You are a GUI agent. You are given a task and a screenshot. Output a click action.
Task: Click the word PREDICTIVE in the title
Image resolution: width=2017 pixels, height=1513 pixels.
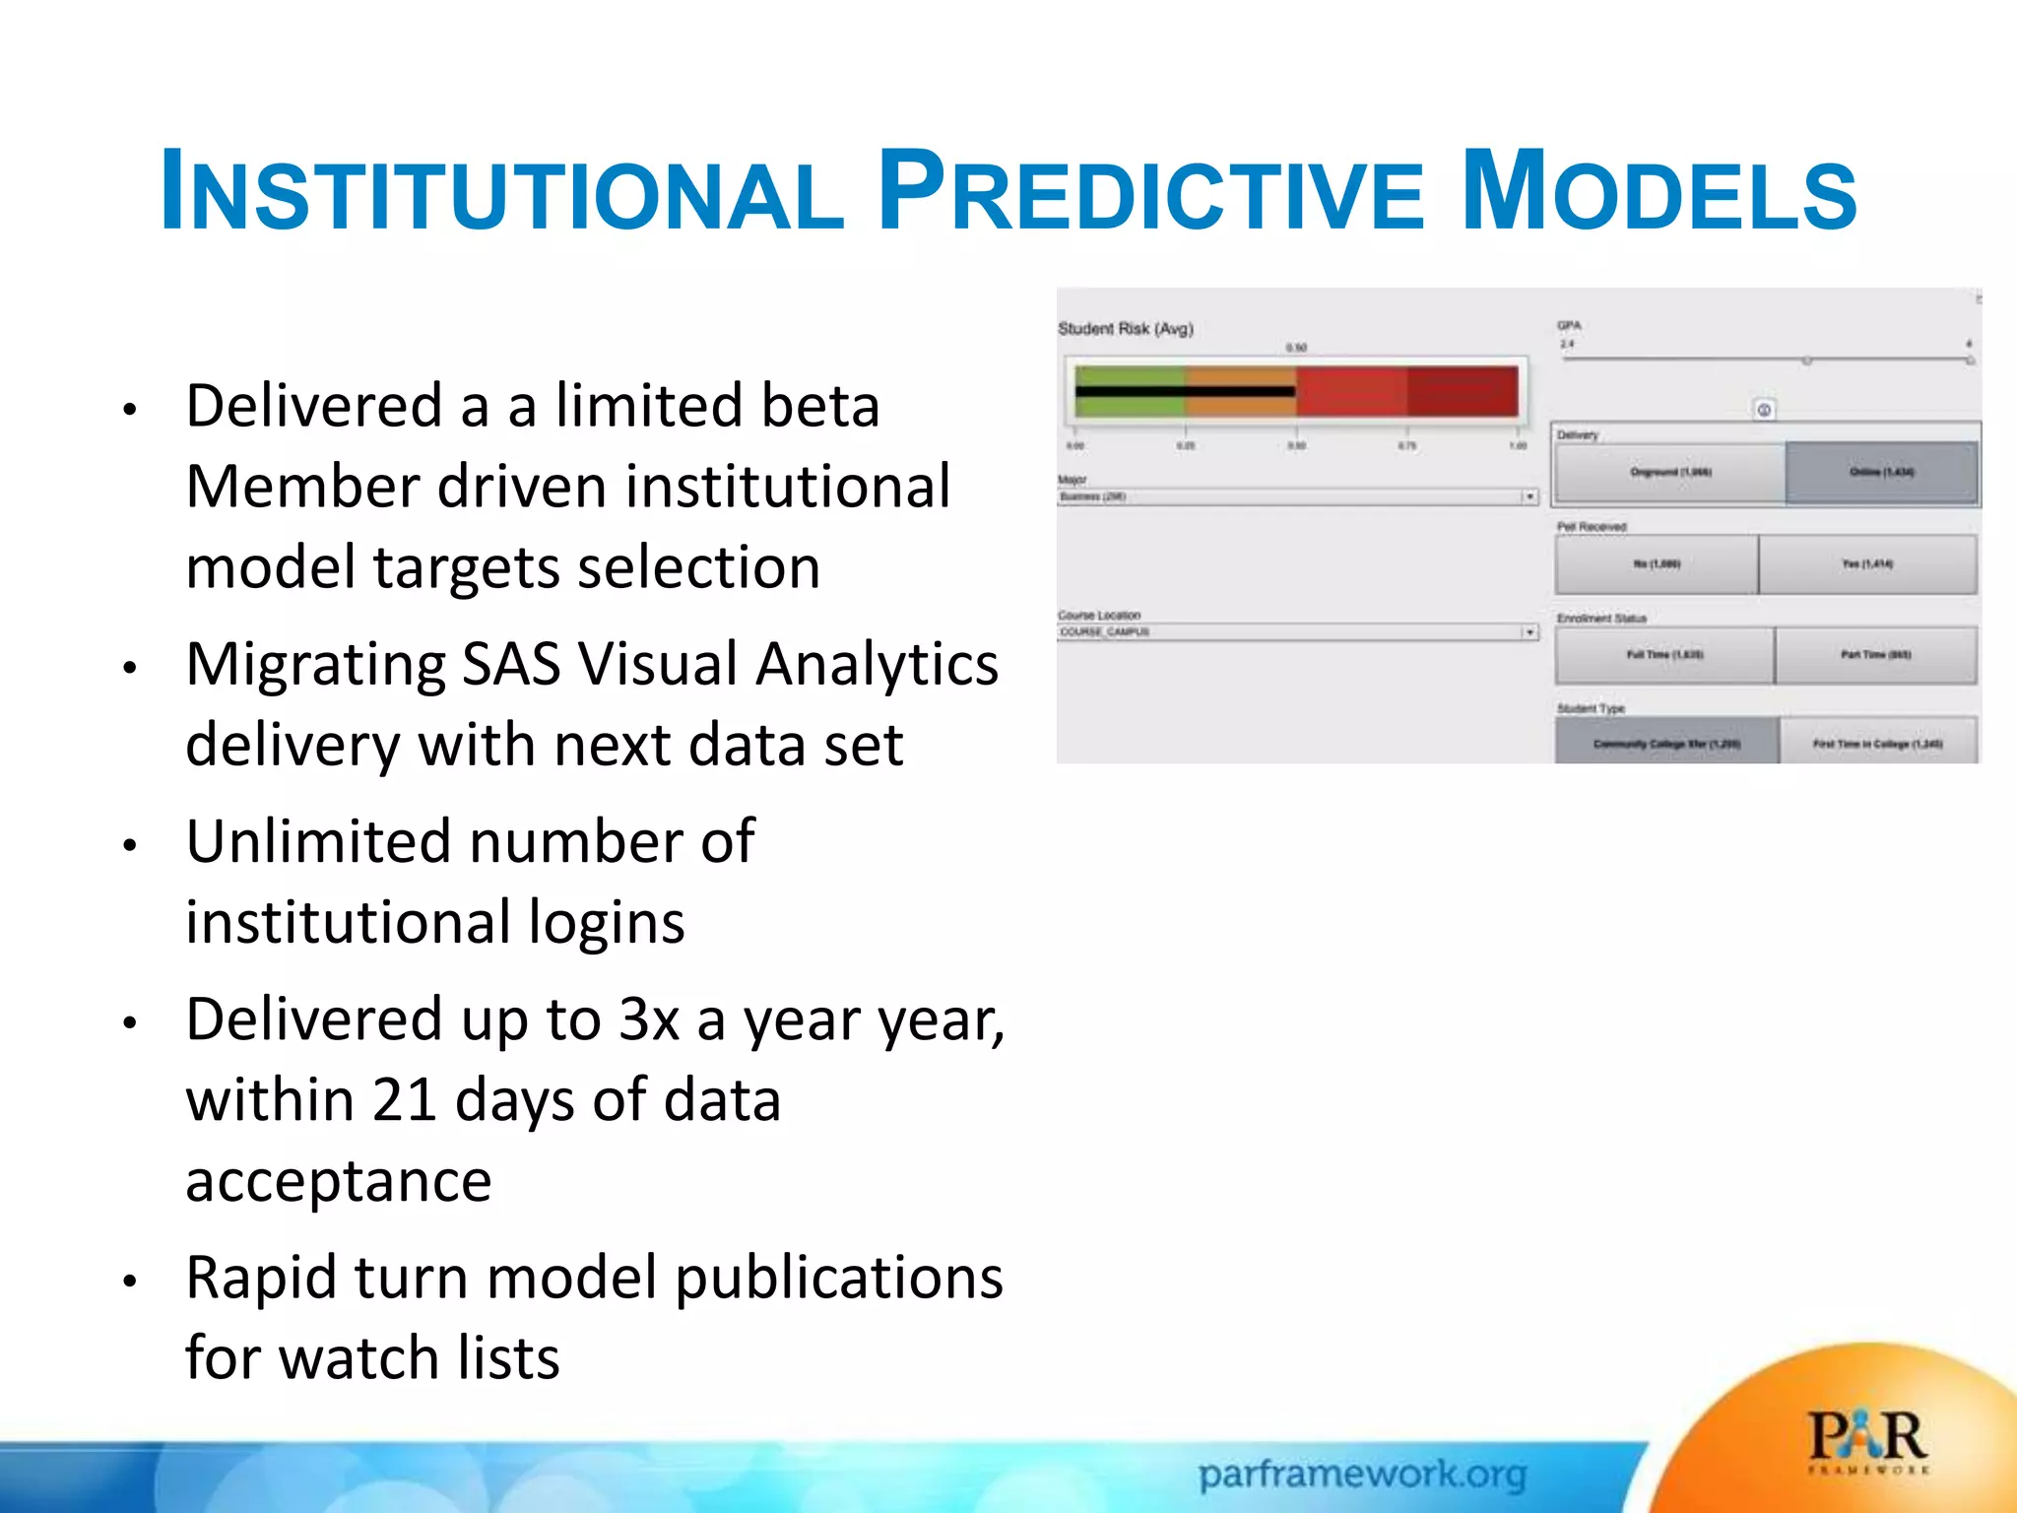pos(1150,190)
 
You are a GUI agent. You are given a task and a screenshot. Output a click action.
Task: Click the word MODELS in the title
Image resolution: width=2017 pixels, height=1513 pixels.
pos(1659,190)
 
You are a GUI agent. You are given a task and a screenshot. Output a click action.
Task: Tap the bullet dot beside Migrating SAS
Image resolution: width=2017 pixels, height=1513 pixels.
pos(129,669)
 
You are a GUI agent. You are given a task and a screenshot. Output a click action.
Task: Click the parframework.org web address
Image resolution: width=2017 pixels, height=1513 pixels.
pos(1362,1475)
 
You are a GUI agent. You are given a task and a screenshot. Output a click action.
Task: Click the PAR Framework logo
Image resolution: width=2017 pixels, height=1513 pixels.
pos(1867,1441)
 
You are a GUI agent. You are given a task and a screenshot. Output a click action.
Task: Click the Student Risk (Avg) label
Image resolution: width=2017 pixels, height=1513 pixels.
pos(1125,329)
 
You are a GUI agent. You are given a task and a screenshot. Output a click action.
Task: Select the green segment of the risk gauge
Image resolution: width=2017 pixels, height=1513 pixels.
pos(1130,391)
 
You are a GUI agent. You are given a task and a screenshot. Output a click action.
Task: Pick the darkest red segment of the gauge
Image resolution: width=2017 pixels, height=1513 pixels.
pos(1462,391)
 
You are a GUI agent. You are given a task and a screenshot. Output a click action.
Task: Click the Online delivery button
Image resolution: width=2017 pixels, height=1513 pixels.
pos(1881,473)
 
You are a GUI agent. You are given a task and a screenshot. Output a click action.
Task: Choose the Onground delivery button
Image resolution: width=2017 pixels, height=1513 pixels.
pos(1670,473)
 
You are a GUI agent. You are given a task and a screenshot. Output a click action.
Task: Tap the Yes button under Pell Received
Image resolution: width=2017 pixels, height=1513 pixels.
pos(1867,564)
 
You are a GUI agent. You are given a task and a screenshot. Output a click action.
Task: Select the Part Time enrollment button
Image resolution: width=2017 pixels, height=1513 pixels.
pos(1875,655)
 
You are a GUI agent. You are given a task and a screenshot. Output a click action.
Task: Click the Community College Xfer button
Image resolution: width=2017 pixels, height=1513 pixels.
pos(1666,744)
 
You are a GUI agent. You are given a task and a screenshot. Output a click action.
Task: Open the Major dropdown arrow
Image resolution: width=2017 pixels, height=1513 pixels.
pos(1529,496)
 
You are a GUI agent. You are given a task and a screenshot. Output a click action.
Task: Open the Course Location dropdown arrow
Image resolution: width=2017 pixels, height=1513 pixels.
pos(1529,631)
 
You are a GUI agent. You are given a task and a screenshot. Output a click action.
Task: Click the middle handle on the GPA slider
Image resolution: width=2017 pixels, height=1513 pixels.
pos(1807,361)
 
